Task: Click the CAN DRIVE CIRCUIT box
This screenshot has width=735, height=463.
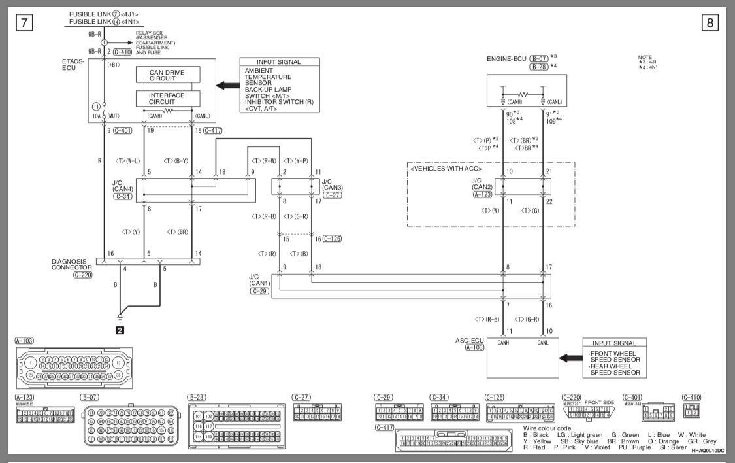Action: [x=168, y=75]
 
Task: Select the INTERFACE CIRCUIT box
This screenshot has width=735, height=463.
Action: [x=168, y=99]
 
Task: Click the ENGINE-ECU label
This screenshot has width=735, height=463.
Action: [x=507, y=59]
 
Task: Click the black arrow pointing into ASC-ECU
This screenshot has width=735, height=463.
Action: [x=570, y=357]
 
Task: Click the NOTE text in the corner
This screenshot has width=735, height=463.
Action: [x=645, y=57]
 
